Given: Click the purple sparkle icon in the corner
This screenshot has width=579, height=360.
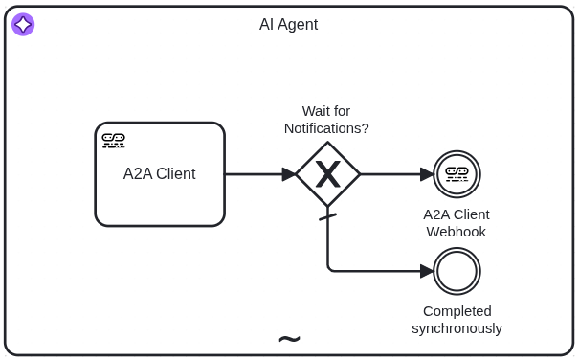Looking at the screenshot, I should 23,25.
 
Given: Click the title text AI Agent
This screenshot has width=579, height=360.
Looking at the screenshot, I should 288,25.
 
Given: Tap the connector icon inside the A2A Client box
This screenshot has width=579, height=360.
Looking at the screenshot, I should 114,140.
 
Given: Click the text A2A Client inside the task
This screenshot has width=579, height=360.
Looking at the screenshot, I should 159,174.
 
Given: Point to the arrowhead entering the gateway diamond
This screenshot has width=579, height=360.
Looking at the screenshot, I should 289,174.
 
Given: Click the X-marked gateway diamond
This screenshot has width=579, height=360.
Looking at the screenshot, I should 327,174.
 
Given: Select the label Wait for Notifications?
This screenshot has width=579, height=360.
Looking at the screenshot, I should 326,120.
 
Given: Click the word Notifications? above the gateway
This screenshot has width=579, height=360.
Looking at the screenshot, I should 326,128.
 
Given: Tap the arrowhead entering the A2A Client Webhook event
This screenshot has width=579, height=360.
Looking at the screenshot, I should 427,174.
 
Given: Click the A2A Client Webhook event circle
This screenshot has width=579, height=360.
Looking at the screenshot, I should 457,174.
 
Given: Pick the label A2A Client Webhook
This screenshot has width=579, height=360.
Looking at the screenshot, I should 457,223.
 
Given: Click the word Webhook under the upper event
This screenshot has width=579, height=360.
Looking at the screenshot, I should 457,232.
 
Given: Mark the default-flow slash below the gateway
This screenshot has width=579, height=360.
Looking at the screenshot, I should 327,217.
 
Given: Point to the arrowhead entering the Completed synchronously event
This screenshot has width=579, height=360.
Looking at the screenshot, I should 427,271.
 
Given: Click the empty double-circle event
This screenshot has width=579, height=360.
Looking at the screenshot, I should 457,271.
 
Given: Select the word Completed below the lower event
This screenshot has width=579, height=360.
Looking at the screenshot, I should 457,311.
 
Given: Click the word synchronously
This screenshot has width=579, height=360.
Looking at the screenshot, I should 457,328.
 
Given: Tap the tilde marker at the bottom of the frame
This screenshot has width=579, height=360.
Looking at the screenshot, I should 289,339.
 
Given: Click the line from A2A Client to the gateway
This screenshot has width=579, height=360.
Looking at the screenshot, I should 254,174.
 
